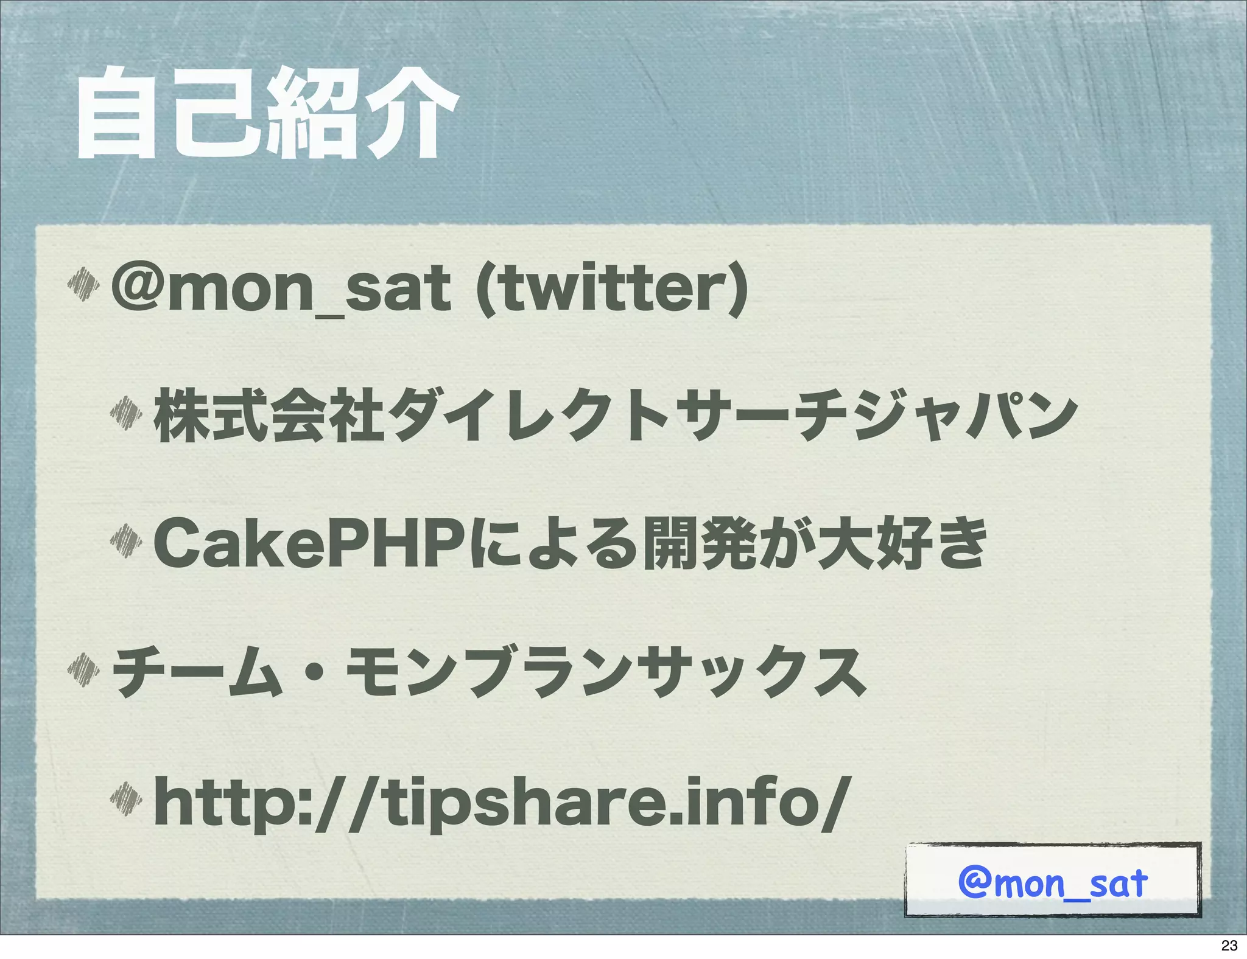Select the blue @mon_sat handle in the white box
1052,883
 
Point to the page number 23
1229,945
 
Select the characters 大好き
901,542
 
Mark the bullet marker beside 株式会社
126,413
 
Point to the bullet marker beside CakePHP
126,540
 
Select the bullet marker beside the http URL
126,798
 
